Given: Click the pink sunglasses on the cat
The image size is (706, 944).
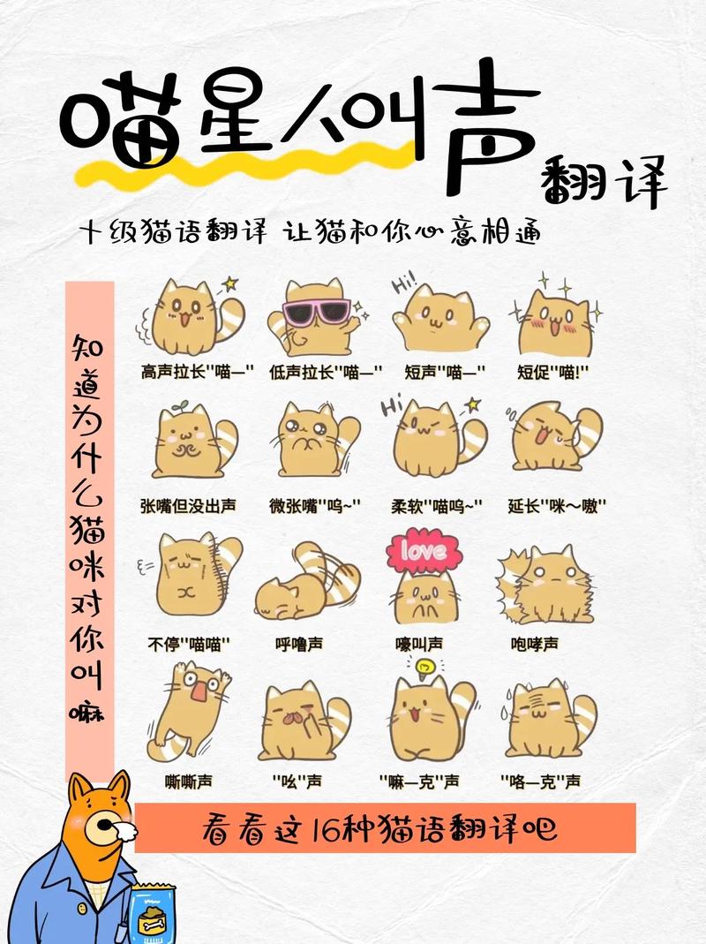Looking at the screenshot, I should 316,313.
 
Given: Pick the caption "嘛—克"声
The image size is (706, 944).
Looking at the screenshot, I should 418,781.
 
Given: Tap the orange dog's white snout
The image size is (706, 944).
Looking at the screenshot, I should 124,829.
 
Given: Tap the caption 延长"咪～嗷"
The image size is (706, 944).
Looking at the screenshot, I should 557,506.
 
